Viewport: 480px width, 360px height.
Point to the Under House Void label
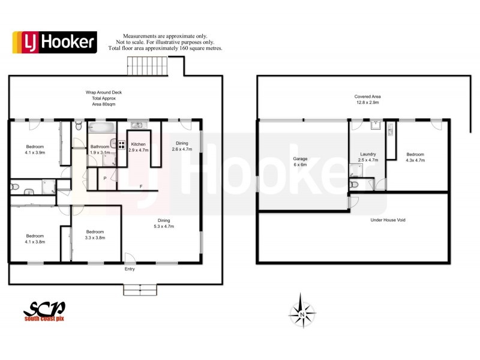tap(387, 220)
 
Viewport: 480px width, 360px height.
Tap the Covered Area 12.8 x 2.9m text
tap(367, 100)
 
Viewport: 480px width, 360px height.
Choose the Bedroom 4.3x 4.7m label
tap(415, 157)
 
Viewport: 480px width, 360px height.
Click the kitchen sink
tap(137, 125)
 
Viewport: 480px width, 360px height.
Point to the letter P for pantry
tap(105, 178)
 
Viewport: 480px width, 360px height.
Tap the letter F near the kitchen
tap(140, 187)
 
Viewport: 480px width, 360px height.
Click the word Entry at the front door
tap(130, 269)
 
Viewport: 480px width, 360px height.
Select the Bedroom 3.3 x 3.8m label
tap(95, 234)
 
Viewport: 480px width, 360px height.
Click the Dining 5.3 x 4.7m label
tap(163, 223)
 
